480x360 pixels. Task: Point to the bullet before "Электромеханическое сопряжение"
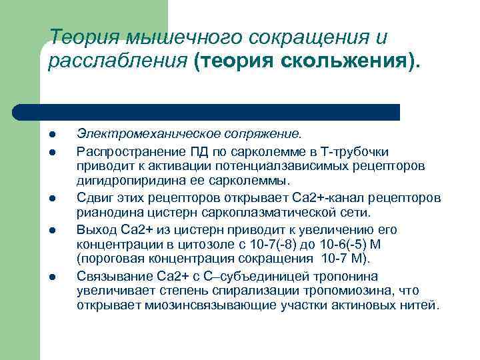tap(52, 137)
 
